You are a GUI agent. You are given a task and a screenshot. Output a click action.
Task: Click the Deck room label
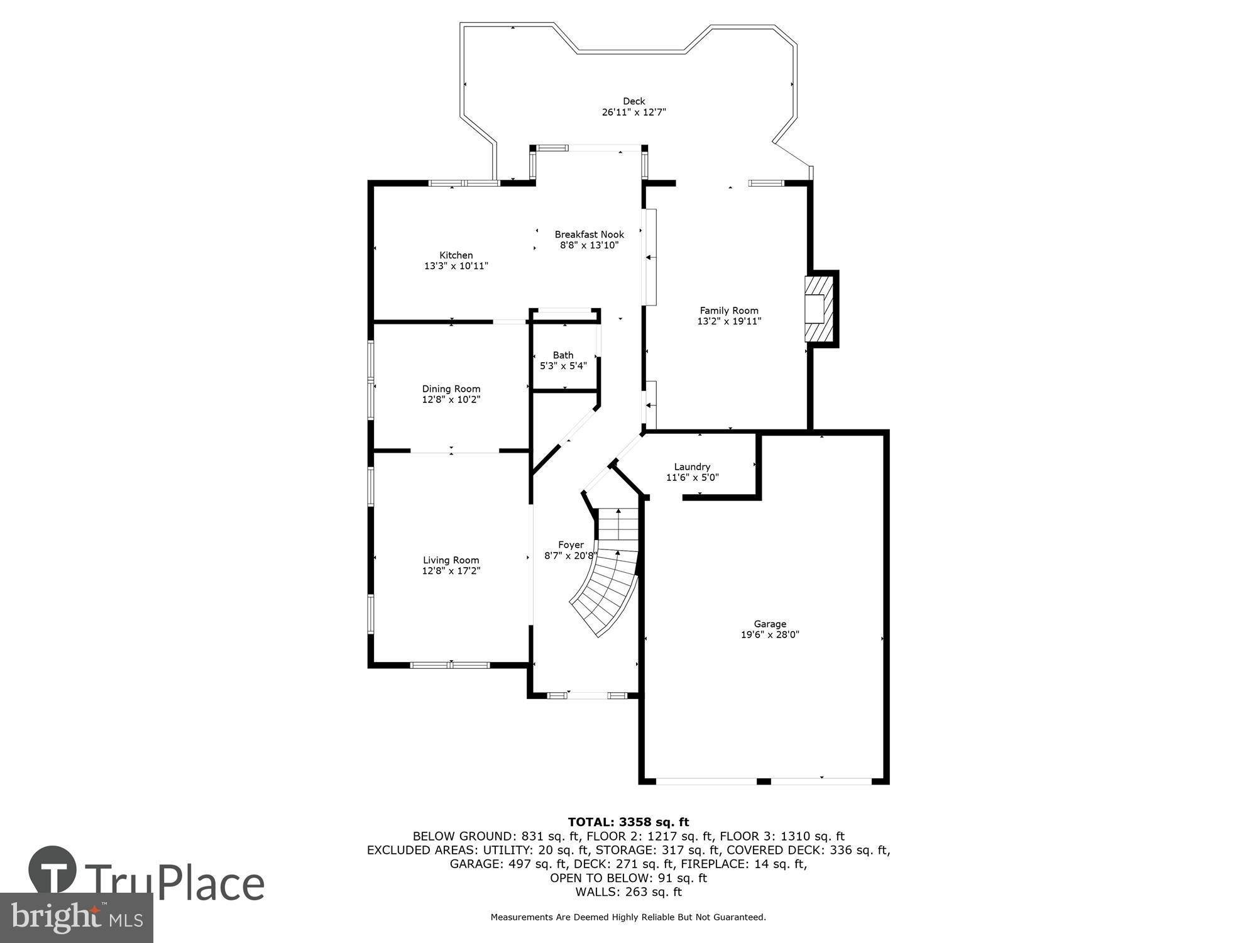634,101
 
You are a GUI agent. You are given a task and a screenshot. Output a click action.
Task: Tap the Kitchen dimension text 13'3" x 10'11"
456,266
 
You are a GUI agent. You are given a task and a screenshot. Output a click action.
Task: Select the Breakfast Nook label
589,234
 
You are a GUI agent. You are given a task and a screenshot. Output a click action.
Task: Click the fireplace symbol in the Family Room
819,309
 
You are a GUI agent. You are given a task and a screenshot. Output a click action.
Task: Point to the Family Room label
729,311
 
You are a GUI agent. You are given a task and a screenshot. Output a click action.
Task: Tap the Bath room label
563,355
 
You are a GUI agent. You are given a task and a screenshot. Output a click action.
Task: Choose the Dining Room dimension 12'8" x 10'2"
451,399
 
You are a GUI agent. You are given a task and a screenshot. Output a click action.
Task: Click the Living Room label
451,560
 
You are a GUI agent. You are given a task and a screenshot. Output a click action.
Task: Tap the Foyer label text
571,545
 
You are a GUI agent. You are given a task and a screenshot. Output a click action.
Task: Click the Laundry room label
692,466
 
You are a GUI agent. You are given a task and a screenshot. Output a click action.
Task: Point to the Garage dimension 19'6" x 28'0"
770,635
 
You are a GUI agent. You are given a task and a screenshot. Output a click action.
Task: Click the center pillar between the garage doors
763,781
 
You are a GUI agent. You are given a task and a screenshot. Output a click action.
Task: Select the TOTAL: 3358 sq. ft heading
628,822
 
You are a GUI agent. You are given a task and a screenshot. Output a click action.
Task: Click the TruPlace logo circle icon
53,871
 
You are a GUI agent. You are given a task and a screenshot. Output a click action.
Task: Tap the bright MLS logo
76,918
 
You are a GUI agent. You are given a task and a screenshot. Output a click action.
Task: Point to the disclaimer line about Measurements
628,917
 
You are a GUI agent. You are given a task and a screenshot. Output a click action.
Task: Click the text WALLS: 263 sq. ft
628,891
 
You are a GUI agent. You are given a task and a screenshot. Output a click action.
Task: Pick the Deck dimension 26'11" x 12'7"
634,113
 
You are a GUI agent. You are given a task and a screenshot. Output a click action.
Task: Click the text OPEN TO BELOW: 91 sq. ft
628,878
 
